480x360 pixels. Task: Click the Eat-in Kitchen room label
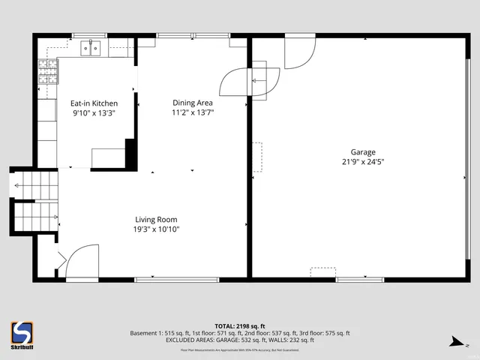94,103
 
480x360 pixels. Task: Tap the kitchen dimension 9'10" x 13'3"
94,113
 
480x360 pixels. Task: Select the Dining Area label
193,103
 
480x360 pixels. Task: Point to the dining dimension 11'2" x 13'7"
193,113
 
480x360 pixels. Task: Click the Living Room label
156,220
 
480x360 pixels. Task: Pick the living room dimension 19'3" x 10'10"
156,229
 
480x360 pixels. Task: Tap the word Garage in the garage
362,151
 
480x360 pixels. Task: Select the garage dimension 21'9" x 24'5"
362,161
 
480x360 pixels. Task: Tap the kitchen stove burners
47,72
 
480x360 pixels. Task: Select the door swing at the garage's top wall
299,50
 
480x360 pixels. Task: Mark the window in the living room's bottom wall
176,280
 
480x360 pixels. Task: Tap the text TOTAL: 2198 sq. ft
239,326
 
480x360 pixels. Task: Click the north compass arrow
455,343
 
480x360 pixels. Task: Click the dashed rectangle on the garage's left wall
257,157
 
